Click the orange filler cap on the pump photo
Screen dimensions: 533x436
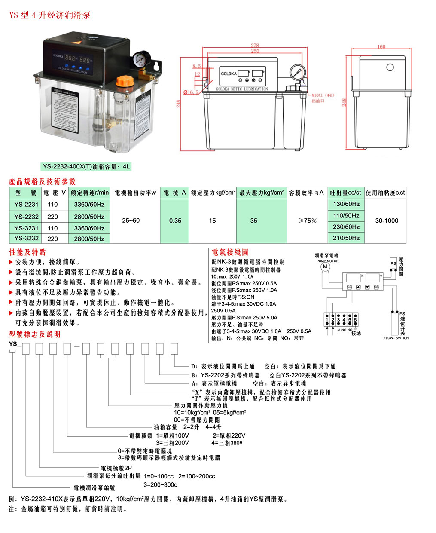(125, 81)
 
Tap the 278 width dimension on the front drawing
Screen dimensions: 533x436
(255, 46)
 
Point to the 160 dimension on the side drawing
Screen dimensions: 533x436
(381, 46)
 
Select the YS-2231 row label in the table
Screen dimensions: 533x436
(26, 205)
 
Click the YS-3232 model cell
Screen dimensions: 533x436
(26, 238)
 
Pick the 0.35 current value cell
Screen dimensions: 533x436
(175, 221)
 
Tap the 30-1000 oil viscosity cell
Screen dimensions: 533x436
(386, 221)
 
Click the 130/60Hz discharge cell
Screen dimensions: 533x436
(346, 204)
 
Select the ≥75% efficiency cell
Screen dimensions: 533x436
(308, 221)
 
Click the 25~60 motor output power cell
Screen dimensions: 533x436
(131, 221)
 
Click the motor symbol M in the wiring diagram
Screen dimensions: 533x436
(325, 266)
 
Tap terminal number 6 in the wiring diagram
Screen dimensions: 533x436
(355, 320)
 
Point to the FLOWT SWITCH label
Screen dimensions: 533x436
(396, 338)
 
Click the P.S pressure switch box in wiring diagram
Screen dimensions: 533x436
(393, 263)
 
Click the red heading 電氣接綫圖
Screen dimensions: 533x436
(230, 252)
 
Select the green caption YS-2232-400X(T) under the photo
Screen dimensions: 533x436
(86, 166)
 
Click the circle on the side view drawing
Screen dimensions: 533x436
(390, 67)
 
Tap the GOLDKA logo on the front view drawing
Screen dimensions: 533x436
(229, 74)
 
